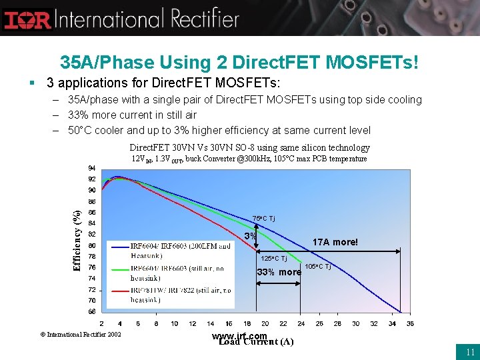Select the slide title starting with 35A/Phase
click(240, 63)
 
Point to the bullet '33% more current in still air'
click(132, 115)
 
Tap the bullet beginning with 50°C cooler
click(219, 130)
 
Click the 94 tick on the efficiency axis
click(91, 168)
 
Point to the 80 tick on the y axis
click(91, 245)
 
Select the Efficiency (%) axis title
click(77, 240)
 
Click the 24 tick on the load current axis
click(301, 323)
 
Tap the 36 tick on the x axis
click(409, 323)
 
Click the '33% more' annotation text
click(279, 272)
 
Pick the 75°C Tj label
click(263, 219)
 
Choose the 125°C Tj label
click(273, 259)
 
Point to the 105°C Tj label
click(318, 267)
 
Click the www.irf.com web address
click(239, 335)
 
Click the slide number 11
click(470, 352)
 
